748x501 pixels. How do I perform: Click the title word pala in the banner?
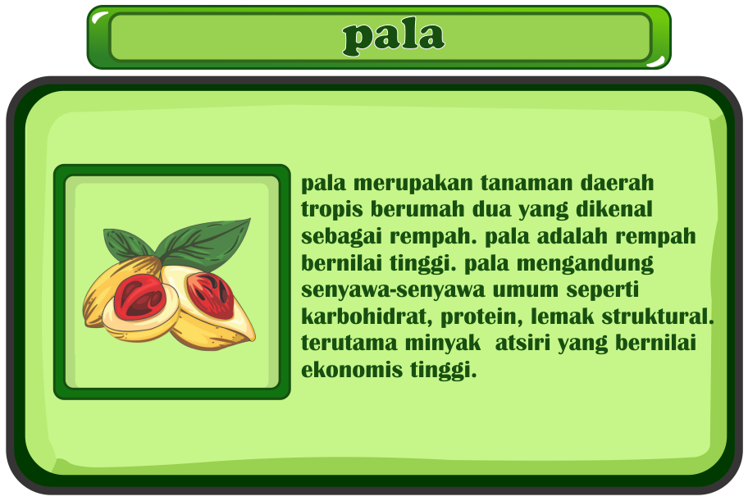pos(394,37)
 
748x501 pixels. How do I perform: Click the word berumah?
pos(417,209)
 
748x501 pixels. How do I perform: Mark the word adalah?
pos(572,235)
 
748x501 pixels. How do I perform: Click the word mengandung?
pos(586,264)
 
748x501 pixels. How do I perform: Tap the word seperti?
pos(603,290)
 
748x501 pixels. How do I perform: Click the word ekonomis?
pos(352,370)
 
